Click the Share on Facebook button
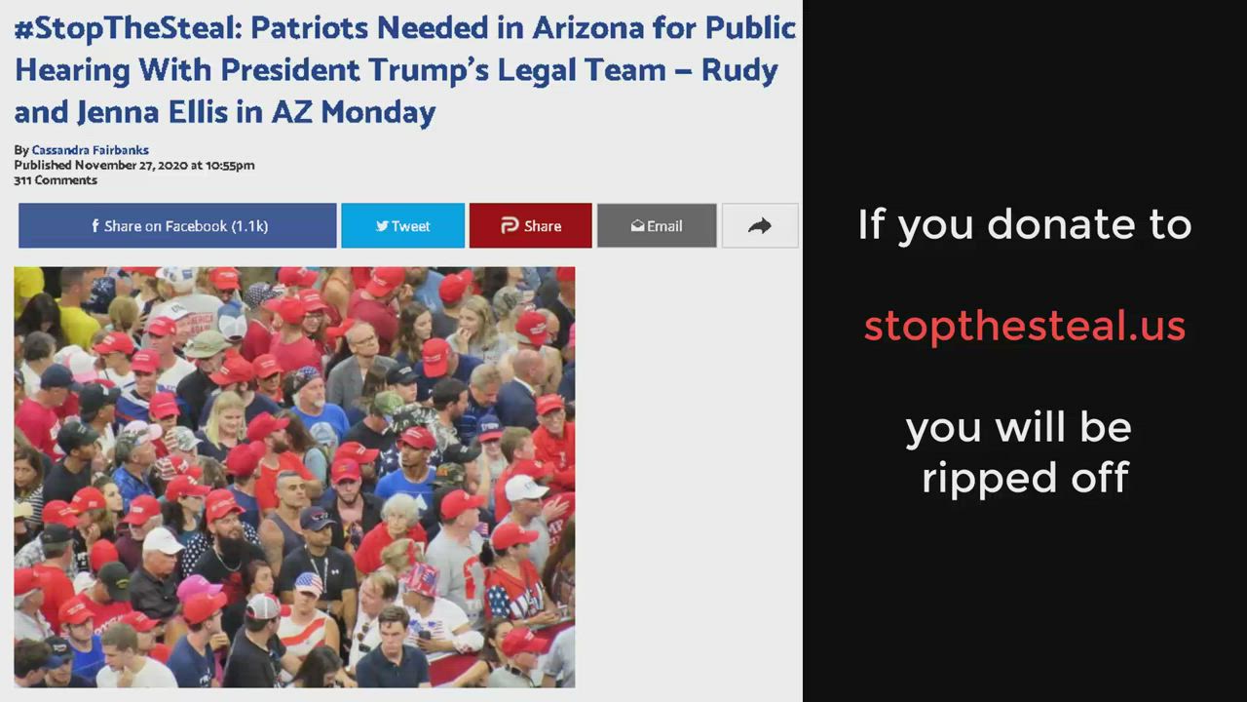pos(177,225)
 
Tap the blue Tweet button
pos(403,225)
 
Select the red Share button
pos(531,225)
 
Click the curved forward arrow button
pos(760,225)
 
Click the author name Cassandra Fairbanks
pos(91,150)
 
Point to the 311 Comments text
pos(56,180)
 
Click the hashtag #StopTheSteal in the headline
pos(128,28)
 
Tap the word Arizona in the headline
pos(588,28)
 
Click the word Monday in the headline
pos(379,112)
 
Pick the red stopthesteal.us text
pos(1024,326)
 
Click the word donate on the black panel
pos(1061,224)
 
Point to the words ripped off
pos(1026,478)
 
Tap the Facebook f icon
pos(95,225)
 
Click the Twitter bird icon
pos(382,225)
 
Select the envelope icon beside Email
pos(637,225)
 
